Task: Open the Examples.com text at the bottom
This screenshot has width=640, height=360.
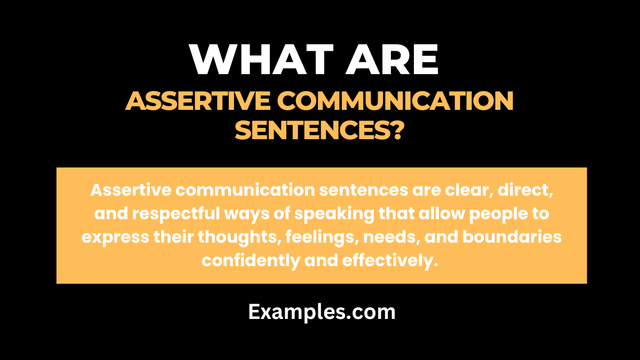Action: pos(322,312)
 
